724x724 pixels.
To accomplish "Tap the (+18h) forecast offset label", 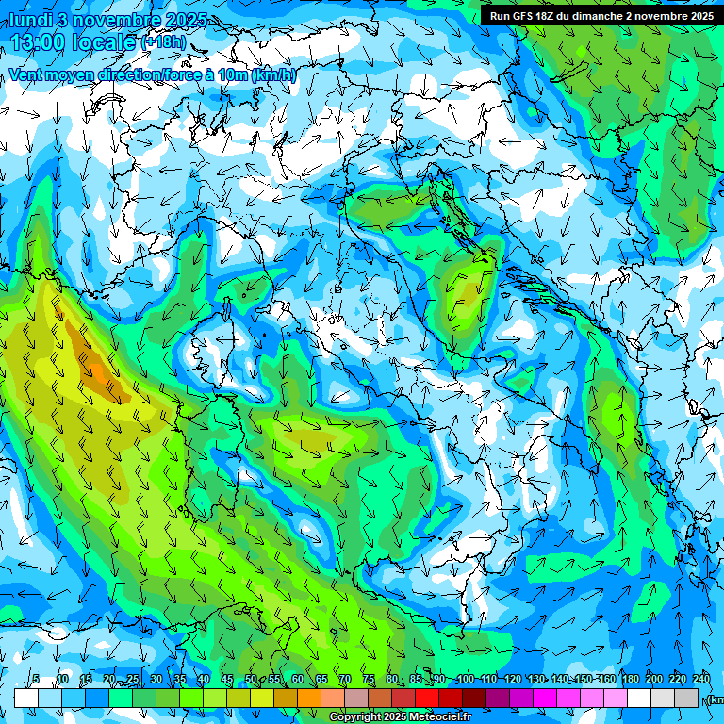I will click(x=163, y=42).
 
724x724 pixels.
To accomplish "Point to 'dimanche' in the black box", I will click(x=602, y=16).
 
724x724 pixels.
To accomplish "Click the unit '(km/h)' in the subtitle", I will click(x=274, y=75).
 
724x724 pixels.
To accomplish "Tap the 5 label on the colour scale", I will click(x=36, y=679).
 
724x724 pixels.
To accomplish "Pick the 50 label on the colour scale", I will click(x=251, y=679).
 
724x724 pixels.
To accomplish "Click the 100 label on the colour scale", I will click(x=465, y=679).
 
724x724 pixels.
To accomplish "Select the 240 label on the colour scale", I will click(x=701, y=679).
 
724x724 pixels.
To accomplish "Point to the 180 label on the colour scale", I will click(x=631, y=679).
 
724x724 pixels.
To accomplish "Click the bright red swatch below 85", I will click(x=427, y=698).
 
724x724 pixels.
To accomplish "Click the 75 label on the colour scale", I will click(x=369, y=679).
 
